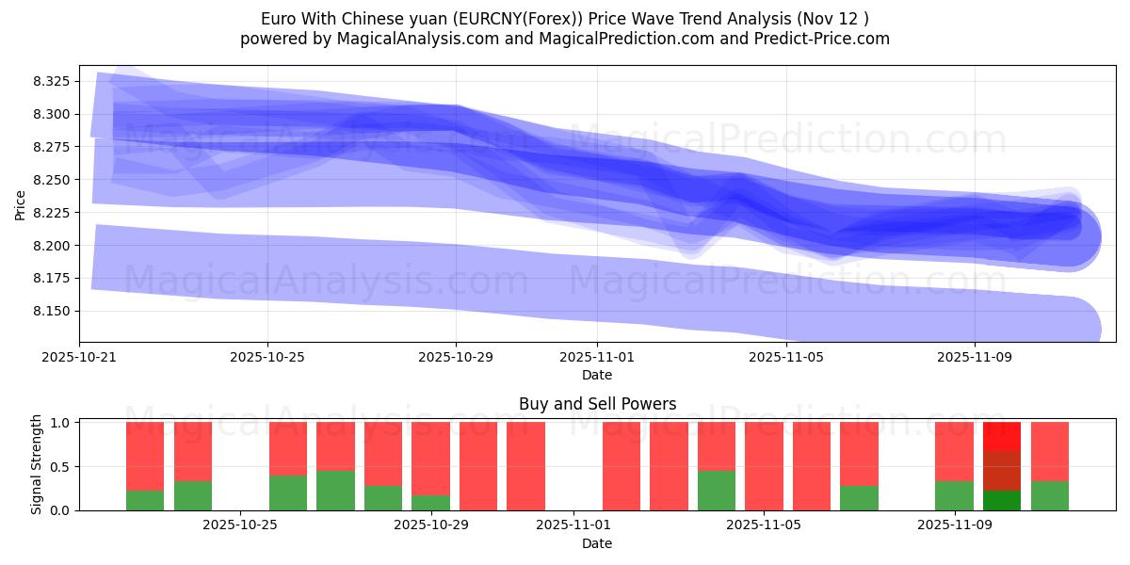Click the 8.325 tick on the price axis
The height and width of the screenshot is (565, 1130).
(53, 82)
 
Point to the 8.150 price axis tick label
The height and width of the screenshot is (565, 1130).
(53, 312)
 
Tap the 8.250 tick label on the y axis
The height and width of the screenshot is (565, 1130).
(53, 180)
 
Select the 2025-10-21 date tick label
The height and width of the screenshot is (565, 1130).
(79, 358)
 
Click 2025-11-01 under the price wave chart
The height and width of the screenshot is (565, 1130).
(597, 358)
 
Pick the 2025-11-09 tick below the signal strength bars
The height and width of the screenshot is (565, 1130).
(954, 525)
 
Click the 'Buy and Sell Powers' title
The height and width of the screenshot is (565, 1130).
(597, 404)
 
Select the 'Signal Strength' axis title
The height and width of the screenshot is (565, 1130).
(36, 464)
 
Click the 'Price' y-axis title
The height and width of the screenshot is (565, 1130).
(21, 204)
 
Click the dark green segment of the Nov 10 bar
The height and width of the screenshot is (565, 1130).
(1001, 500)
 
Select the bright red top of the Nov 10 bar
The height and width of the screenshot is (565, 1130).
(1001, 436)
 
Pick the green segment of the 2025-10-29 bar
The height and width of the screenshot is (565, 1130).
(430, 503)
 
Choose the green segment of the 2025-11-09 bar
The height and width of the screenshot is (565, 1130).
(954, 495)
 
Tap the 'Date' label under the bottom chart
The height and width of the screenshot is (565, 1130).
(597, 543)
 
